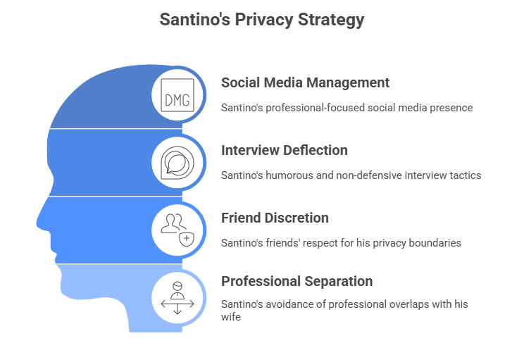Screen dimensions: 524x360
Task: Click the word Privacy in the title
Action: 263,20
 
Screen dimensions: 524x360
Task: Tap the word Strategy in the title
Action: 331,20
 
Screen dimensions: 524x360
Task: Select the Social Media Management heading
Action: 305,83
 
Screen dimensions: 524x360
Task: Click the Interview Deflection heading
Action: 285,151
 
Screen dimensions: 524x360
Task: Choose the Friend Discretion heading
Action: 275,218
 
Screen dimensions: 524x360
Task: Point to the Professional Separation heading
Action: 297,282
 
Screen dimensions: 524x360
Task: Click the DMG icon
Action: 177,95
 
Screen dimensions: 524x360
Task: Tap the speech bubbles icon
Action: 177,163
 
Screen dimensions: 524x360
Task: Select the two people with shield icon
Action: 177,230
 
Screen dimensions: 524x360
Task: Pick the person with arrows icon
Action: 177,298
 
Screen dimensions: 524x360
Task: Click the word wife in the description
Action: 231,316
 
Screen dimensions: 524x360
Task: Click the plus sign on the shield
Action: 187,238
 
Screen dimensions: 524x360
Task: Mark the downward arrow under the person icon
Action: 177,309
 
